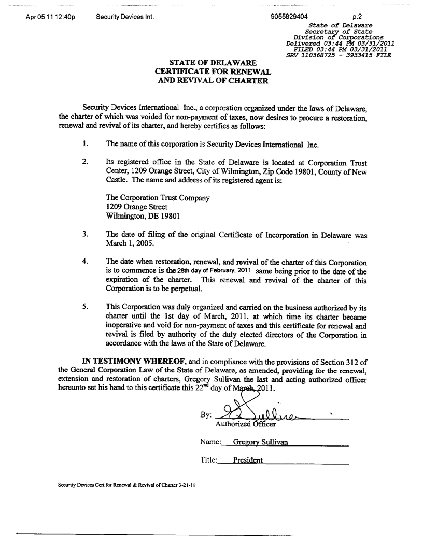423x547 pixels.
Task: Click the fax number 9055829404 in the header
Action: pyautogui.click(x=289, y=16)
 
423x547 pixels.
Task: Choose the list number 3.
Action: pyautogui.click(x=84, y=234)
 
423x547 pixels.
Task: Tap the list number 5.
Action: pyautogui.click(x=84, y=306)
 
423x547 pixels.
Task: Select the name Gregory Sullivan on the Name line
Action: pyautogui.click(x=260, y=443)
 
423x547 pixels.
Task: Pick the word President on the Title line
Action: pyautogui.click(x=248, y=460)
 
